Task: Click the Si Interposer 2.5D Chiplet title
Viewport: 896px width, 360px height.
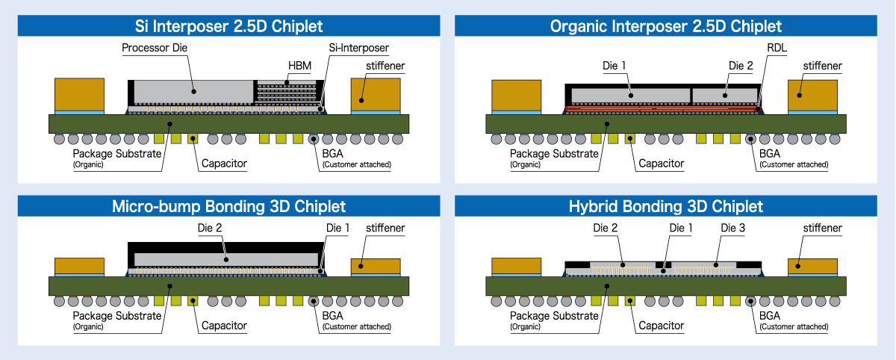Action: click(228, 26)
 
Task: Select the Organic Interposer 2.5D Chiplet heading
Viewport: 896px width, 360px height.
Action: click(665, 26)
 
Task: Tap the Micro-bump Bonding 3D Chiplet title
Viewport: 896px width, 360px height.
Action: click(228, 206)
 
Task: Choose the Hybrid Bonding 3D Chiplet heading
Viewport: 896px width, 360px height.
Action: click(665, 206)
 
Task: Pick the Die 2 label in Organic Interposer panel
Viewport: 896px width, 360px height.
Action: click(741, 66)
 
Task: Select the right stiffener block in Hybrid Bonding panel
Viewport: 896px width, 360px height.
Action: click(812, 264)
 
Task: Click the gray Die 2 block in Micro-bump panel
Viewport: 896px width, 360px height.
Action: click(224, 258)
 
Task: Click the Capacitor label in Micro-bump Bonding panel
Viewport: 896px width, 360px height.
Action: click(224, 326)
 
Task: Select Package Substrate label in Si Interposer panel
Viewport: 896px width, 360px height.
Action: click(117, 154)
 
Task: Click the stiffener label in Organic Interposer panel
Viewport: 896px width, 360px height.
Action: click(822, 66)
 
